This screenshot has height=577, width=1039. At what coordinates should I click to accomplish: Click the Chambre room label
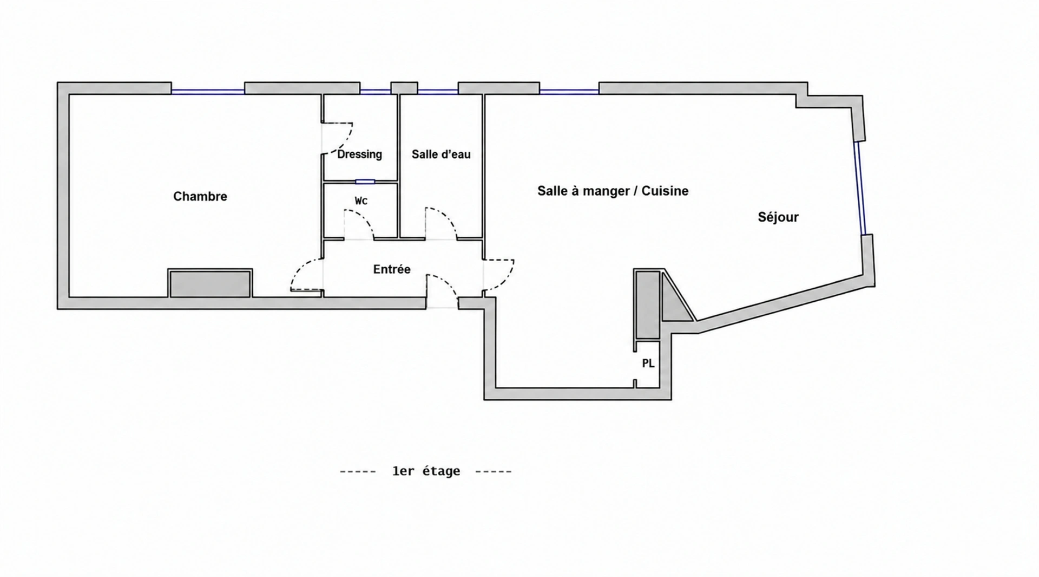(x=200, y=196)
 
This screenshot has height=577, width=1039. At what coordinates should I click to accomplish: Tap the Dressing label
(x=359, y=154)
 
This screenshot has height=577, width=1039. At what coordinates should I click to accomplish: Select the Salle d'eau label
(x=441, y=154)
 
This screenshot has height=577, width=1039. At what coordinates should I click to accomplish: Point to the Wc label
(x=361, y=200)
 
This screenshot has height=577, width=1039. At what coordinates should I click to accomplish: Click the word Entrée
(x=392, y=269)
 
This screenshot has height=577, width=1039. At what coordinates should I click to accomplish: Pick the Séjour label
(x=778, y=217)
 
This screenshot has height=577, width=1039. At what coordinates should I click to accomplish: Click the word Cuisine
(x=665, y=191)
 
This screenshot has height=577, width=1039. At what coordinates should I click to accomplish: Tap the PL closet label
(x=648, y=364)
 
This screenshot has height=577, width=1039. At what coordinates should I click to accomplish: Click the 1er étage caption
(x=426, y=471)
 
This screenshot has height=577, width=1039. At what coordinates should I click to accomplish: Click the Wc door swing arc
(x=364, y=219)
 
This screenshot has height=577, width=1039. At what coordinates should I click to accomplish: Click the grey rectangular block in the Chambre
(x=210, y=283)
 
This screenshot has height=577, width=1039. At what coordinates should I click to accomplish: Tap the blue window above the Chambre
(x=208, y=92)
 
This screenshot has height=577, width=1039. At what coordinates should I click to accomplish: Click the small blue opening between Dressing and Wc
(x=365, y=181)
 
